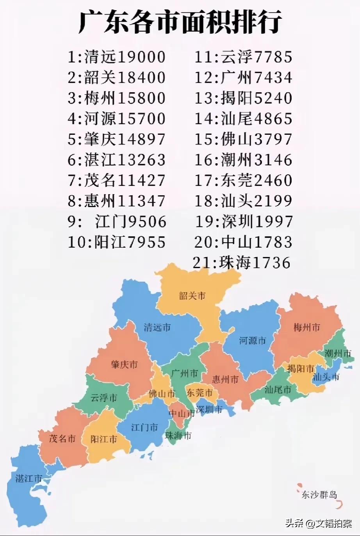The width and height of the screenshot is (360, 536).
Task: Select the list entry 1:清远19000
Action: point(117,57)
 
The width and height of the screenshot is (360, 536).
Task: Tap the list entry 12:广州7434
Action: point(244,77)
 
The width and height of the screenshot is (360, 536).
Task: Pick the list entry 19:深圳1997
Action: point(244,221)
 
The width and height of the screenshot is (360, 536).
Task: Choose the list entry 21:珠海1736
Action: point(242,263)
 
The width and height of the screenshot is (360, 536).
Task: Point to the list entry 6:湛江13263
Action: point(117,160)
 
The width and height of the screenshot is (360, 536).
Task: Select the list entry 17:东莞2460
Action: point(244,180)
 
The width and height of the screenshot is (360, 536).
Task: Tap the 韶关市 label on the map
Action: point(192,296)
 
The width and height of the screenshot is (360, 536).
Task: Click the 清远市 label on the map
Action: point(157,327)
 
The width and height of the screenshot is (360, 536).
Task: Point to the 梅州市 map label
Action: point(307,327)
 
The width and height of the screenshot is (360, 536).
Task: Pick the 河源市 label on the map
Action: point(252,341)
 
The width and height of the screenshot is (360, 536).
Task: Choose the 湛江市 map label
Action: point(29,478)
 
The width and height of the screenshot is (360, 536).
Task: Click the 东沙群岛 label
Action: point(319,495)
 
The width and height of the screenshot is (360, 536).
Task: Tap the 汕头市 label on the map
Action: point(326,377)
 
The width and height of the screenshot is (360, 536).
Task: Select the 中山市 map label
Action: point(181,413)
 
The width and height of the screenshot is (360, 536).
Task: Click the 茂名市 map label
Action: point(62,438)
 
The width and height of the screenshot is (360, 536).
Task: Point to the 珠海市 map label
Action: point(178,436)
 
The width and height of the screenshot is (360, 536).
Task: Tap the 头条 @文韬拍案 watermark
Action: point(318,523)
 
